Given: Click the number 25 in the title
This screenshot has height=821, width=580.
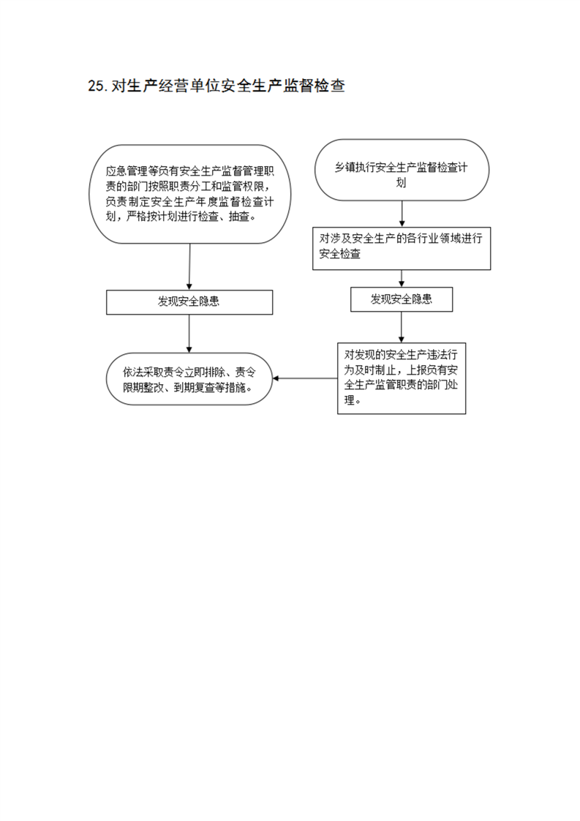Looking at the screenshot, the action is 97,86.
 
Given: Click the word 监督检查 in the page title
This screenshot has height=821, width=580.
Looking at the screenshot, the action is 314,86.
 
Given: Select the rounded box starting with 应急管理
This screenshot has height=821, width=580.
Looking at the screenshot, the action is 189,194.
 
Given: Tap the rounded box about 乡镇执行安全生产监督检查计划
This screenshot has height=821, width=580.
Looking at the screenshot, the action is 402,170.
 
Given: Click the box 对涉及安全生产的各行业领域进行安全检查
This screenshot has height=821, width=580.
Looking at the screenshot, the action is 402,248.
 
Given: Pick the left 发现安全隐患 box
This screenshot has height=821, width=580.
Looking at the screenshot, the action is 189,302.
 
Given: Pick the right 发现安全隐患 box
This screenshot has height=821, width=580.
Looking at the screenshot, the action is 402,299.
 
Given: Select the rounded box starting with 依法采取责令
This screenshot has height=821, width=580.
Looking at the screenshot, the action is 189,379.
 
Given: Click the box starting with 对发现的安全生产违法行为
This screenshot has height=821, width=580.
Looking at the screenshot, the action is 402,378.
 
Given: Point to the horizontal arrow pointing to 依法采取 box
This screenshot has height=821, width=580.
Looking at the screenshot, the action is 305,378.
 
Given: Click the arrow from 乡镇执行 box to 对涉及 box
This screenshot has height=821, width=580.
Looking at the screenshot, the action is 402,214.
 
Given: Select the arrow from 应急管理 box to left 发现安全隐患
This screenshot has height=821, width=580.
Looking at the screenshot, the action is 189,266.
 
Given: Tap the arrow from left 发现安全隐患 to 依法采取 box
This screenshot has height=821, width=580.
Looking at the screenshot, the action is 189,334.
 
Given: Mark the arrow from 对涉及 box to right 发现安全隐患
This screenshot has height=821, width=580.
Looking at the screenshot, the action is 402,279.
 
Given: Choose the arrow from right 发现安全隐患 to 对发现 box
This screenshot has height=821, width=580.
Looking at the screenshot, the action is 402,327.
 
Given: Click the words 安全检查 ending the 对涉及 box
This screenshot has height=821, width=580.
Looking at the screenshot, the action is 340,254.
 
